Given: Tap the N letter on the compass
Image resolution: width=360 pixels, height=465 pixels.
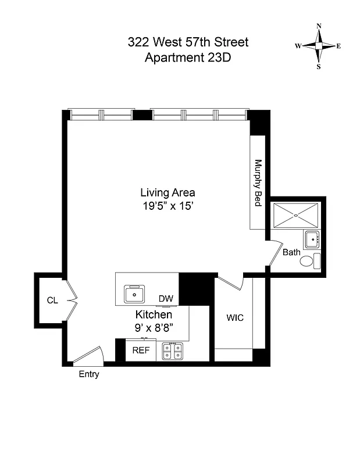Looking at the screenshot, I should [319, 26].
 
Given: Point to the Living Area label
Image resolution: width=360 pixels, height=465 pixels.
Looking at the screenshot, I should [167, 192].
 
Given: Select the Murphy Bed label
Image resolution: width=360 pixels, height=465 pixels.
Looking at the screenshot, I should [258, 183].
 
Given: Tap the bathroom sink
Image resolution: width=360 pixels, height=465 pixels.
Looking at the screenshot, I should [311, 239].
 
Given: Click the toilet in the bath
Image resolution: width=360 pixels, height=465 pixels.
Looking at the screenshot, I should [309, 261].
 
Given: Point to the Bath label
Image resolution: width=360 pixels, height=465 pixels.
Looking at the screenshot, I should [291, 253].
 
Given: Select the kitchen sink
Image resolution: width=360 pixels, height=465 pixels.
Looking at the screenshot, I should [136, 295].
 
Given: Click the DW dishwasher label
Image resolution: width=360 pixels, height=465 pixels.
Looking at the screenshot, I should [166, 299].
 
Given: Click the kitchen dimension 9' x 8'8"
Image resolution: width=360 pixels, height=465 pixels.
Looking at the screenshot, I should [154, 327].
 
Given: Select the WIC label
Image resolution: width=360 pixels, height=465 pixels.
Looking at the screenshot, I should [234, 318].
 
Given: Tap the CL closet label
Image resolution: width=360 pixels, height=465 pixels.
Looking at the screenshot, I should [52, 301].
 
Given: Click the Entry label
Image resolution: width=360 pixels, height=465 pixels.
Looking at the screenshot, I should [89, 374].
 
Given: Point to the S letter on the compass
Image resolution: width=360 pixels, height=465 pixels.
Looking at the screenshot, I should [319, 66].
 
